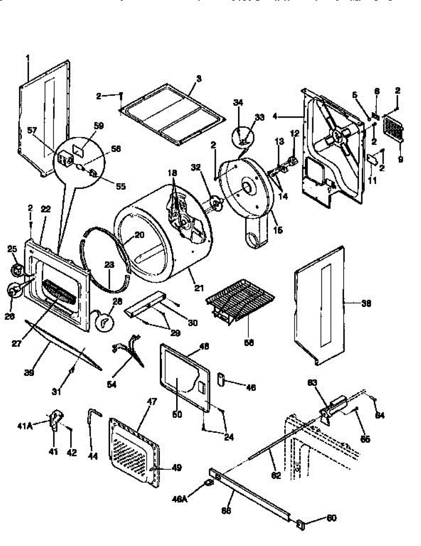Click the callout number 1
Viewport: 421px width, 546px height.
tap(28, 58)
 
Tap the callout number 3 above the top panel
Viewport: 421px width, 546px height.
tap(198, 79)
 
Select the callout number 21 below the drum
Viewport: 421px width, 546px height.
tap(198, 288)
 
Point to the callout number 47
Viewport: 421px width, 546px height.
tap(152, 401)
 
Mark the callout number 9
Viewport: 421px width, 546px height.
tap(400, 159)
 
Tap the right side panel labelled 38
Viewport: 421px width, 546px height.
tap(319, 305)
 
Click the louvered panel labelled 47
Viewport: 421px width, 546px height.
tap(135, 455)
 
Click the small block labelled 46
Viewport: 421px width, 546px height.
tap(221, 379)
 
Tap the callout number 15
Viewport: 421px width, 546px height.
tap(278, 230)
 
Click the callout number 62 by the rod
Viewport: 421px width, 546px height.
tap(276, 475)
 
